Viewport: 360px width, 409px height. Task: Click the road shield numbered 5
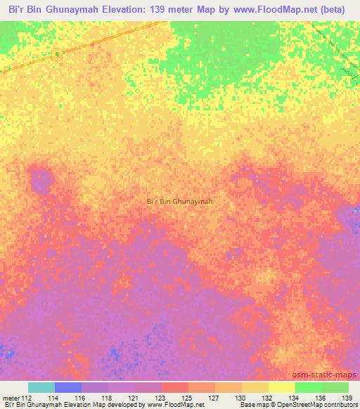point(54,55)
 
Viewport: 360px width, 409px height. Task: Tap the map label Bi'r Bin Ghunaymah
point(179,202)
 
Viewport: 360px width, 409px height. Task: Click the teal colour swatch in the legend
point(41,387)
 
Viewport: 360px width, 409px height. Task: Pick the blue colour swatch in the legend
point(67,387)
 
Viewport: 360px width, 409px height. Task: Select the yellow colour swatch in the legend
point(281,387)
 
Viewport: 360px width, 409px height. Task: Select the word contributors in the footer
point(340,404)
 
